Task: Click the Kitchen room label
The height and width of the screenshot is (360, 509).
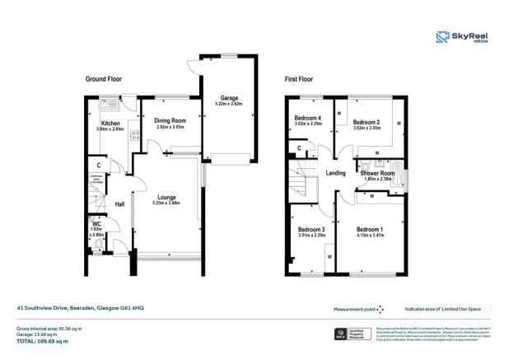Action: [110, 124]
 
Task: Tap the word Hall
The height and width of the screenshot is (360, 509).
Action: [119, 204]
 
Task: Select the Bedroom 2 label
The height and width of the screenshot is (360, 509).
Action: [366, 122]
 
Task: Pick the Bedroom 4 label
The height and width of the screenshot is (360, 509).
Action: [307, 118]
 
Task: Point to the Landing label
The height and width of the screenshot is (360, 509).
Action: [335, 173]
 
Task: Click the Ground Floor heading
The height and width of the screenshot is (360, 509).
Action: [105, 78]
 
